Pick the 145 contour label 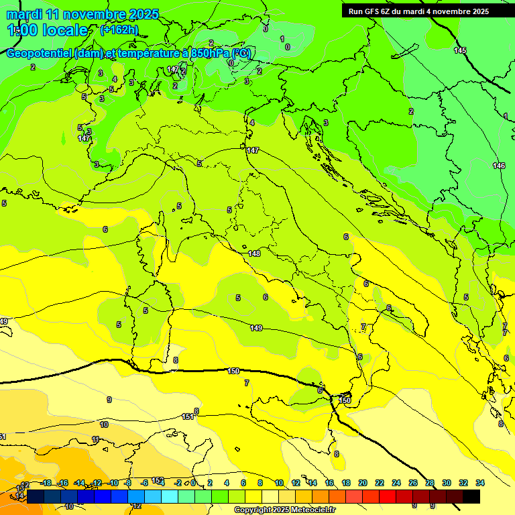point(460,50)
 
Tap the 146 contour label point(499,166)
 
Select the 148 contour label point(254,253)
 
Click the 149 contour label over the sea point(256,328)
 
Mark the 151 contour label point(188,416)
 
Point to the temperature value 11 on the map point(96,439)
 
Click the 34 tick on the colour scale point(479,483)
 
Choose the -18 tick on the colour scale point(46,483)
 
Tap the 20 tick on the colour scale point(363,483)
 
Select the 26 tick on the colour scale point(413,483)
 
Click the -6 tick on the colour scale point(144,483)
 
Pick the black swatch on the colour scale point(471,496)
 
